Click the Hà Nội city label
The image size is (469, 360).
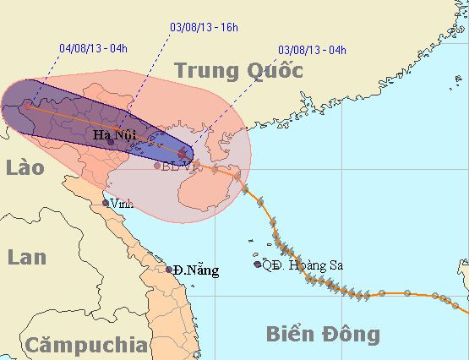pos(112,133)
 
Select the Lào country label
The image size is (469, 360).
pos(24,169)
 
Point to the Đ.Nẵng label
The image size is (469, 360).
pos(196,270)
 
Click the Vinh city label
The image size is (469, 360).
pos(121,204)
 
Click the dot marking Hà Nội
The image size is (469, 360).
pos(111,142)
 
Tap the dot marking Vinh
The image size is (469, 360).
pos(106,203)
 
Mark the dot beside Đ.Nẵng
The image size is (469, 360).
pos(169,270)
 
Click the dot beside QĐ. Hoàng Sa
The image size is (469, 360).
pos(257,265)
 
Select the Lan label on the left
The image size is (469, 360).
pos(28,258)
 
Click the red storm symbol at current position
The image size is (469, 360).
pos(192,155)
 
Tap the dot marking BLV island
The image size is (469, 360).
pos(157,166)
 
